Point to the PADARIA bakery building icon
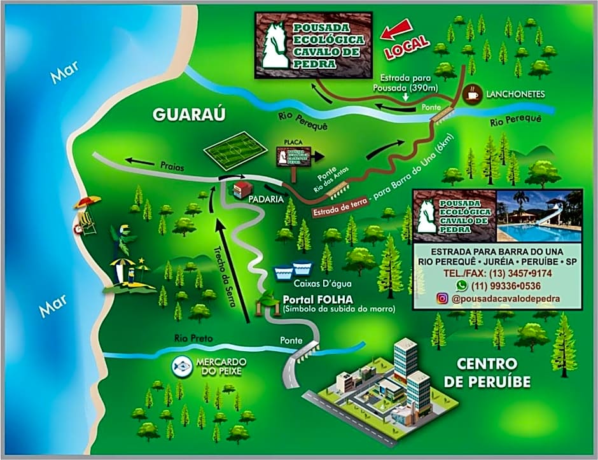click(243, 189)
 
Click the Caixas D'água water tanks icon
click(293, 271)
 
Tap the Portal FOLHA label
click(314, 300)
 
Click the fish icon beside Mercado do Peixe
click(181, 366)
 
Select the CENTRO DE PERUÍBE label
click(494, 373)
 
